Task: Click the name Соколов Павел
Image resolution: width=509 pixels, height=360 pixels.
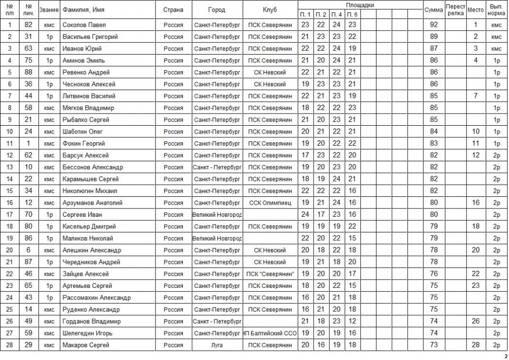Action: coord(84,25)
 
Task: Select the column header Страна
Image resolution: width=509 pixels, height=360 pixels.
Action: coord(173,10)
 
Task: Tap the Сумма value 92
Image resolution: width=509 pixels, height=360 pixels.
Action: coord(433,25)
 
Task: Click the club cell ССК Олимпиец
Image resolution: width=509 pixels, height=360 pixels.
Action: coord(270,203)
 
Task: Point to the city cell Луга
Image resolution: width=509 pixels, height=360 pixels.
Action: coord(216,345)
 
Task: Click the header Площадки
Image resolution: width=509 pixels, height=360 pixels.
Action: coord(360,5)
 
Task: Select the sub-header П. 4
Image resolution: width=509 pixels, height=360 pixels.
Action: coord(336,15)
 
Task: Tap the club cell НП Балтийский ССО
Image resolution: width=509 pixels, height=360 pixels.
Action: coord(270,334)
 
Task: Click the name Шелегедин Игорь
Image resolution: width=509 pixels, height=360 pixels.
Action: coord(87,334)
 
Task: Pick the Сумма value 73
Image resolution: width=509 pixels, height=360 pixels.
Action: coord(433,345)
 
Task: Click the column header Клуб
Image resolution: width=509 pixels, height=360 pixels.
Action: coord(270,10)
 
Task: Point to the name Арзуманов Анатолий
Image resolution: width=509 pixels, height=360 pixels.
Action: coord(92,203)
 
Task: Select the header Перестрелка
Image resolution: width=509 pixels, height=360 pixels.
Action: coord(455,10)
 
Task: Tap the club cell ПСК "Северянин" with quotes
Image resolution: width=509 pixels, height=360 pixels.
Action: coord(270,274)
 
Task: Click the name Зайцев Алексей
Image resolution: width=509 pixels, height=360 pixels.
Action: coord(85,274)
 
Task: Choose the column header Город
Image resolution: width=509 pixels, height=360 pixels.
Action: coord(216,10)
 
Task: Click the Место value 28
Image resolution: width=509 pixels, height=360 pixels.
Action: coord(475,345)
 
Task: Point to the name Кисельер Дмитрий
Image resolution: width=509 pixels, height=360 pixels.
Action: coord(89,227)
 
